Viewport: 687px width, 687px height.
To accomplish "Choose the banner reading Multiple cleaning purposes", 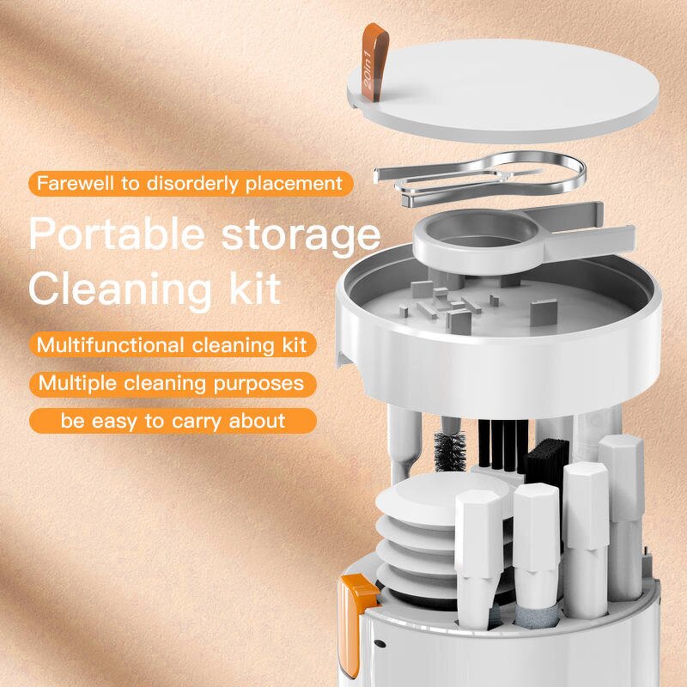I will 172,383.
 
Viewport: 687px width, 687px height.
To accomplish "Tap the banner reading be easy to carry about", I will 172,421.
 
